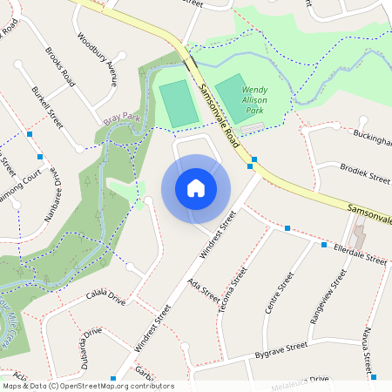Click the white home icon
coord(196,188)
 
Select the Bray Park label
coord(122,117)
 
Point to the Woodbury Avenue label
coord(97,60)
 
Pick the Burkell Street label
coord(47,106)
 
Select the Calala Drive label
coord(106,299)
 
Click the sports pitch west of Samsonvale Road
coord(178,103)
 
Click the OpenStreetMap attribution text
coord(88,386)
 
